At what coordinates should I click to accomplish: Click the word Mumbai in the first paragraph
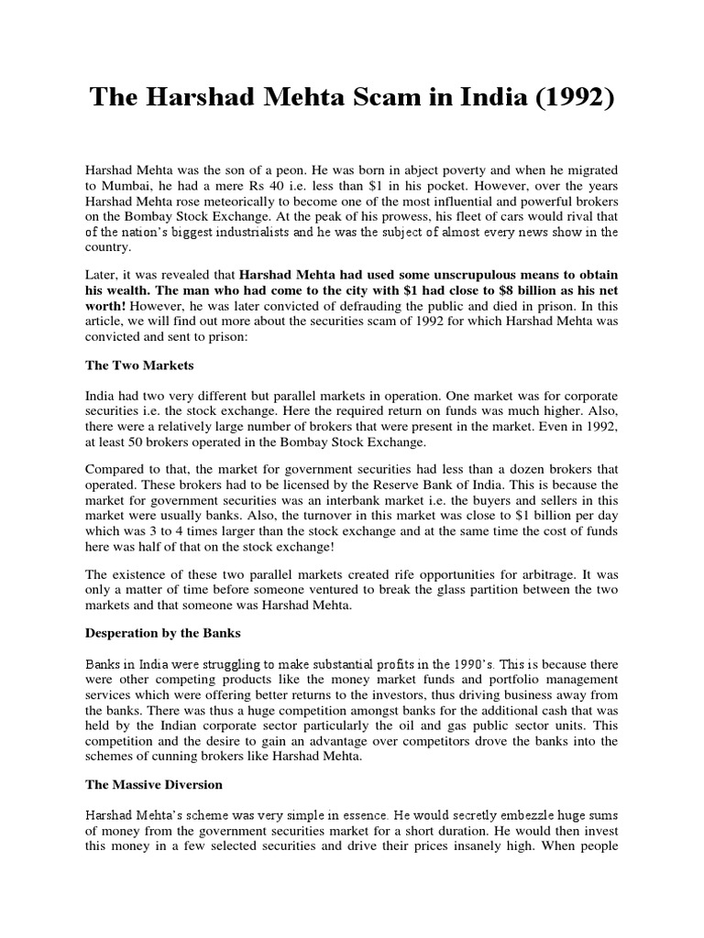click(122, 186)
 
